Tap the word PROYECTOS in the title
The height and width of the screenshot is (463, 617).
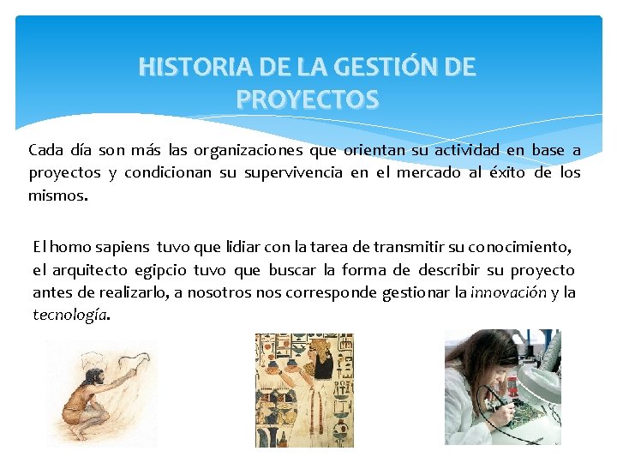tap(307, 100)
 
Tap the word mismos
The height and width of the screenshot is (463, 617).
tap(57, 195)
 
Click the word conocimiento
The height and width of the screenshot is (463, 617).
tap(519, 247)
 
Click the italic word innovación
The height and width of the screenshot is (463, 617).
tap(508, 292)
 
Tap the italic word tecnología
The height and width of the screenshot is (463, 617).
tap(70, 315)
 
